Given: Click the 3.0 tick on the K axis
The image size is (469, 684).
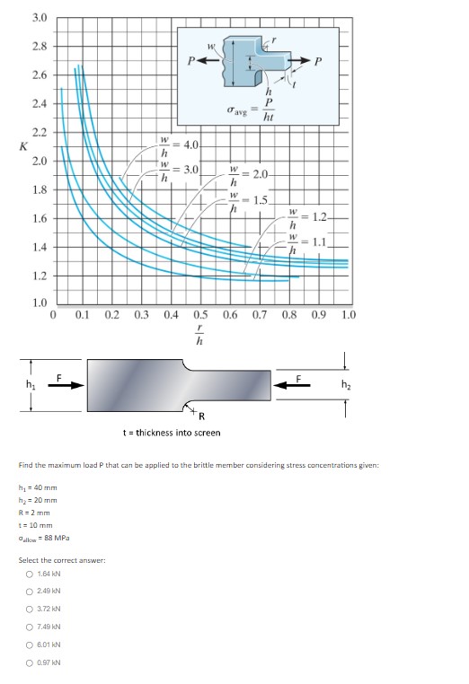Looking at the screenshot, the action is (40, 17).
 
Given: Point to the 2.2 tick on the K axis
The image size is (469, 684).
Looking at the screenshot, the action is (40, 132).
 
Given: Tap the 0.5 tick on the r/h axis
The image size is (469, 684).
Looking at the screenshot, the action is (200, 315).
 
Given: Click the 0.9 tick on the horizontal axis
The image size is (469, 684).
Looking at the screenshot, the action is (318, 315).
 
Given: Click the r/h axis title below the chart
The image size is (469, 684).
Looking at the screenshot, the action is (200, 338).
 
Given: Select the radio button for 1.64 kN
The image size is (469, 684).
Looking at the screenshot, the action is (30, 575).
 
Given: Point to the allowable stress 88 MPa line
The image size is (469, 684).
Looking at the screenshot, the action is (44, 538).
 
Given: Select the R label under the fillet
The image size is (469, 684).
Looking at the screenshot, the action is (201, 415).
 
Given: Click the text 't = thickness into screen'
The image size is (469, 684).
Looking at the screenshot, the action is (170, 433).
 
